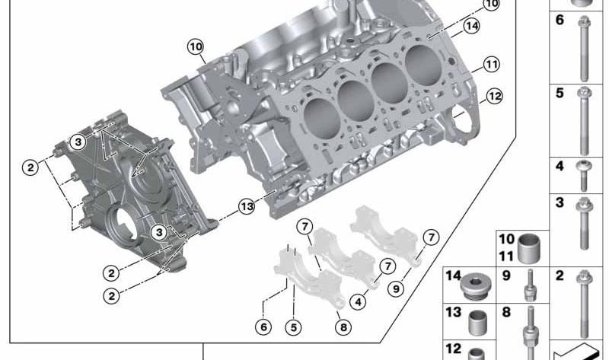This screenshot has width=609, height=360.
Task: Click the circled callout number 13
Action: tap(247, 206)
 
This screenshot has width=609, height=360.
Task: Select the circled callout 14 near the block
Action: tap(471, 26)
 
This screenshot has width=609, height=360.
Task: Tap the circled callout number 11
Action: tap(491, 65)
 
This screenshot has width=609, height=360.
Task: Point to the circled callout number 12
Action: tap(494, 96)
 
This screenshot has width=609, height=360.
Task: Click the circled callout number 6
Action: tap(263, 327)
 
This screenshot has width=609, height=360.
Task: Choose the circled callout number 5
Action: tap(294, 327)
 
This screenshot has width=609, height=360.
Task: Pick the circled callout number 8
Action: tap(343, 327)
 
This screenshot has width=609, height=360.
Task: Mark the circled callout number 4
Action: tap(358, 301)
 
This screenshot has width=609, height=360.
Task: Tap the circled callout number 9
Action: tap(396, 289)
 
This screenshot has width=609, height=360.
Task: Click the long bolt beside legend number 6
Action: tap(584, 48)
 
